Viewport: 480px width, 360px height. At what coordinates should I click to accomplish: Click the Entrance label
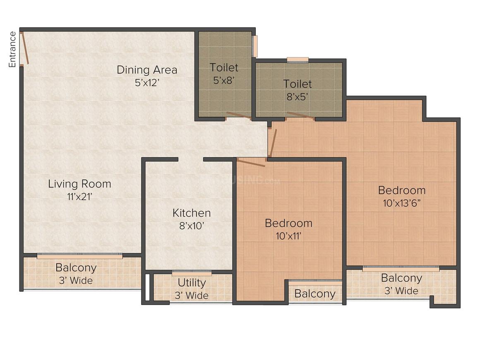click(x=12, y=49)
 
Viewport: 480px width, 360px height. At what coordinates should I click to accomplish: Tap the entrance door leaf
click(x=25, y=48)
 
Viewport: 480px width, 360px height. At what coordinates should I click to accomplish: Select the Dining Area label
click(x=147, y=70)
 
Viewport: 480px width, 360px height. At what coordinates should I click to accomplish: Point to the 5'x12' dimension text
click(x=147, y=82)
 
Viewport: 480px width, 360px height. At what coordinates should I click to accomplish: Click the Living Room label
click(x=79, y=183)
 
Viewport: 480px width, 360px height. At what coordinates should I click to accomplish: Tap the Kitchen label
click(x=192, y=213)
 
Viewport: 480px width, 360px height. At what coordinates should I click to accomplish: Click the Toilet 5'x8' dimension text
click(x=224, y=80)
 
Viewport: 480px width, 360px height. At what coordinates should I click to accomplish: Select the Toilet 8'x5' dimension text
click(x=297, y=97)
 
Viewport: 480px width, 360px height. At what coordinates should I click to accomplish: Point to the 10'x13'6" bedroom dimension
click(x=401, y=203)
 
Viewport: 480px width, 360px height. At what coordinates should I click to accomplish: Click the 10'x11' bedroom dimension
click(x=288, y=236)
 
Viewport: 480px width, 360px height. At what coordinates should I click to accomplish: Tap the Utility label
click(x=192, y=283)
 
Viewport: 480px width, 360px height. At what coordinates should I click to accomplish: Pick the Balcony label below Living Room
click(x=76, y=268)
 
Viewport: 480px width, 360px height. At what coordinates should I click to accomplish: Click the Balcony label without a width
click(x=315, y=294)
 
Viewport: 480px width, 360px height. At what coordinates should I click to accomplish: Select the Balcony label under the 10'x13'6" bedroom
click(x=401, y=278)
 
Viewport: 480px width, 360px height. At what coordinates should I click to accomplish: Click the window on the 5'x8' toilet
click(x=255, y=46)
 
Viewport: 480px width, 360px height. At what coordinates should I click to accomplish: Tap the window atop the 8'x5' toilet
click(x=298, y=60)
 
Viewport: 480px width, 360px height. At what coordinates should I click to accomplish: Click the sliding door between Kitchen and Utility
click(x=192, y=273)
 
